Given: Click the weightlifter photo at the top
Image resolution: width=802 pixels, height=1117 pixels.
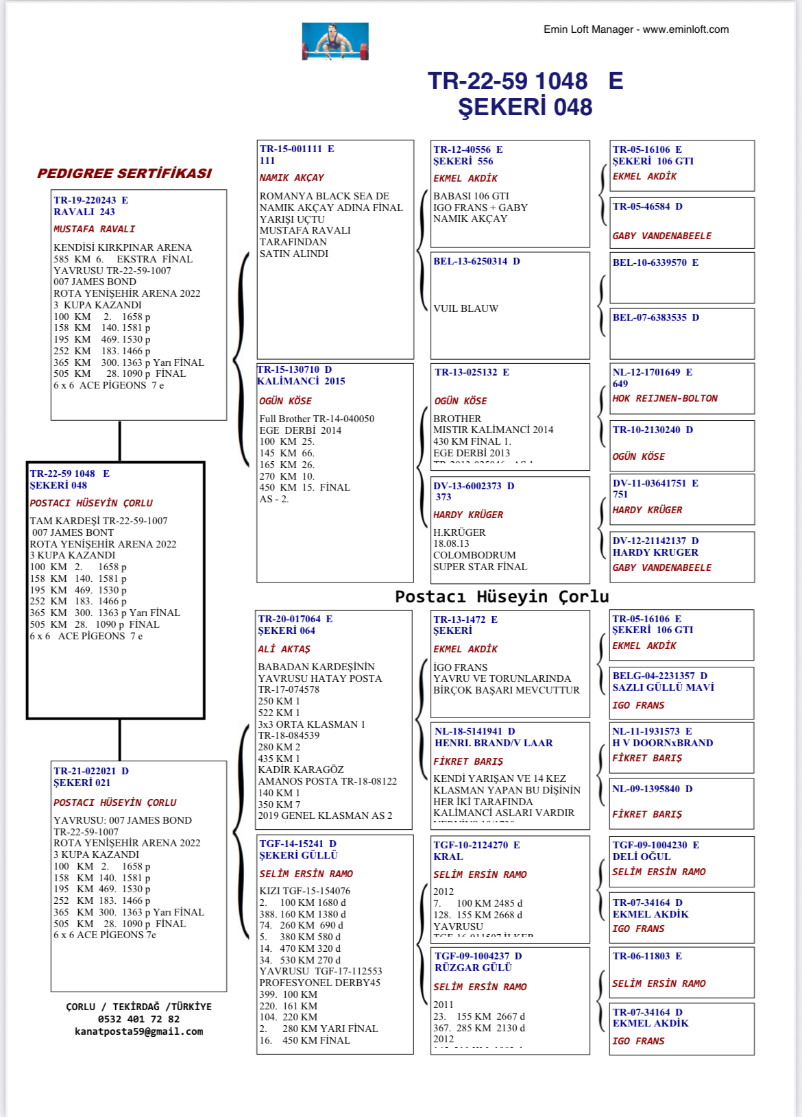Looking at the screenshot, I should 335,41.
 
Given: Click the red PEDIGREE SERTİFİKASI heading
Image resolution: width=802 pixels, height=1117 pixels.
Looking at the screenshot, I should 124,173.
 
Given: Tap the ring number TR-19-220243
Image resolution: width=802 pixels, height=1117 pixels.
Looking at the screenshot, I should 85,200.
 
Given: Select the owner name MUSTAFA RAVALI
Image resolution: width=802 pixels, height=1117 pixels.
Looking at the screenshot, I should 94,229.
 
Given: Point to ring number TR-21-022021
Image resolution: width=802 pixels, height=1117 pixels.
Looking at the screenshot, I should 85,771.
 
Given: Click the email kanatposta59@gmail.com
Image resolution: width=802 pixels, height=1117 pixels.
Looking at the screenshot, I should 138,1031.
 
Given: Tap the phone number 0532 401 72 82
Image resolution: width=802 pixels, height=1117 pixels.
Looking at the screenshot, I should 138,1019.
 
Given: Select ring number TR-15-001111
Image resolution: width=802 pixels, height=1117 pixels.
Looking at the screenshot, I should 291,149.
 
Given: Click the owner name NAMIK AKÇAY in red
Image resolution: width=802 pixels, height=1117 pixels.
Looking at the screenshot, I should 291,177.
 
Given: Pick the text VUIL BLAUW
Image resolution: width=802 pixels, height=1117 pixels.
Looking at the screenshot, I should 465,308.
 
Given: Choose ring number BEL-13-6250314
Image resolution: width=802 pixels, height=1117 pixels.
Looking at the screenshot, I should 470,261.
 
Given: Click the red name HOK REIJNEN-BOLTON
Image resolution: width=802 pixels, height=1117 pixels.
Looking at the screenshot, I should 665,398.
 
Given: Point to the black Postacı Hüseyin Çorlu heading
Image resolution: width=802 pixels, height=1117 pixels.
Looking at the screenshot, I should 502,596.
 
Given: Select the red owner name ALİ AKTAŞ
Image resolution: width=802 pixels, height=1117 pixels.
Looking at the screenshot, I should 284,649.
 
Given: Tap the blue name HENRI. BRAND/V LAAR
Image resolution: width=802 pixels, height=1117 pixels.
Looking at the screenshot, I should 494,743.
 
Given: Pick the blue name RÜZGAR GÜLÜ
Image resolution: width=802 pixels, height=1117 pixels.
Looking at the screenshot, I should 473,968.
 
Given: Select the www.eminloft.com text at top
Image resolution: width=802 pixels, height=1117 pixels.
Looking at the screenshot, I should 685,29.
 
